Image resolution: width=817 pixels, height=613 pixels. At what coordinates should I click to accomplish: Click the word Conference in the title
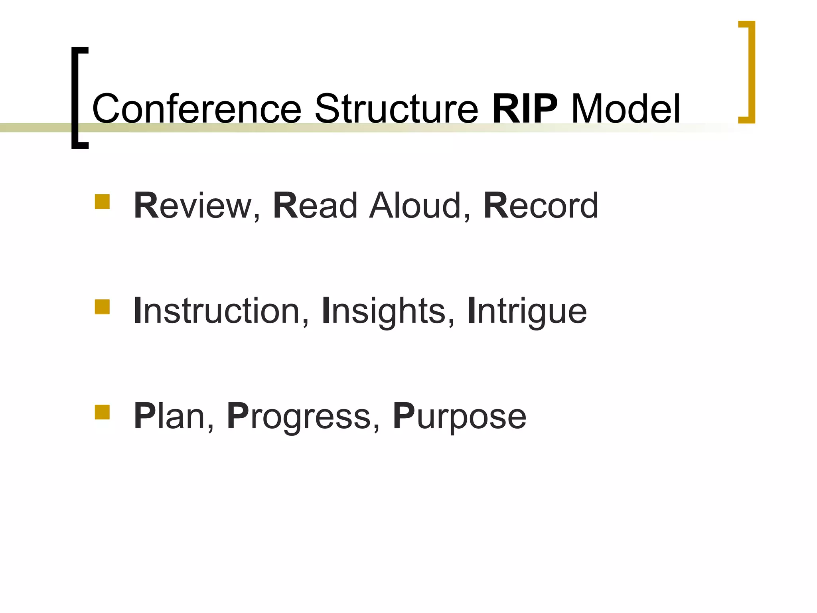click(x=196, y=109)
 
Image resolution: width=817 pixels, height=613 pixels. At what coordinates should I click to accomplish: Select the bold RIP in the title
click(x=525, y=109)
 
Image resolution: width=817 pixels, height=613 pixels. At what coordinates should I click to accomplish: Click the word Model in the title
click(x=626, y=109)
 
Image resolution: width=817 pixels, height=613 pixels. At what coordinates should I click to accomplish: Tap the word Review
click(x=193, y=206)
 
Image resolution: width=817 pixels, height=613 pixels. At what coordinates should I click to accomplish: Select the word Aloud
click(x=414, y=206)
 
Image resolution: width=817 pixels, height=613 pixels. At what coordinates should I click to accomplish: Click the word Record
click(x=541, y=206)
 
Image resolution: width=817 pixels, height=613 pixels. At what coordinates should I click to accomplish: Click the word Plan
click(x=169, y=416)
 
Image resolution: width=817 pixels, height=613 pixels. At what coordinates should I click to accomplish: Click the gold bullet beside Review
click(x=102, y=202)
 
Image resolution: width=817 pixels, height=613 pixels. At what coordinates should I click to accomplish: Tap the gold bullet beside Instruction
click(x=102, y=307)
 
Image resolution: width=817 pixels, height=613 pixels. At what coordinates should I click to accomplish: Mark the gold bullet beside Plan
click(x=102, y=412)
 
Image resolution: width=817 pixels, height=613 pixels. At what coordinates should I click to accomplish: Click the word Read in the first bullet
click(x=315, y=206)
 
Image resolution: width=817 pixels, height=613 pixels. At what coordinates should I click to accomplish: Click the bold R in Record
click(x=496, y=206)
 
